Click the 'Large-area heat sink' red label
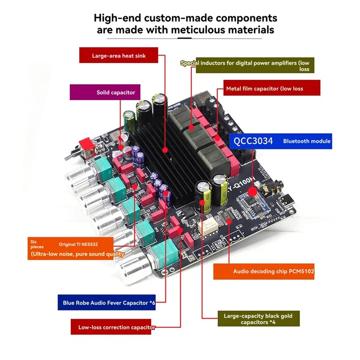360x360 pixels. (x=119, y=56)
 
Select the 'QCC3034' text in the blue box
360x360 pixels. (x=253, y=141)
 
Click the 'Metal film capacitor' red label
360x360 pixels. (x=272, y=88)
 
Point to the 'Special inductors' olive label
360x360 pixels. (x=247, y=66)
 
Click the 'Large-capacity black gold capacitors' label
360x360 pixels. (x=258, y=319)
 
